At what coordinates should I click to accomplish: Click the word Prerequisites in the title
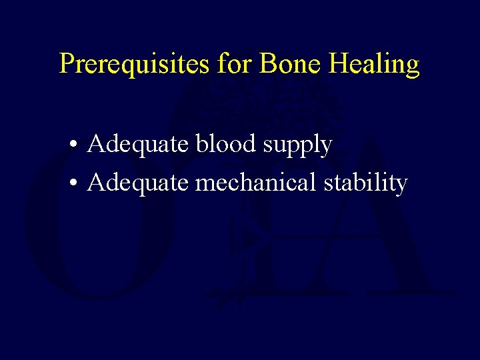[135, 65]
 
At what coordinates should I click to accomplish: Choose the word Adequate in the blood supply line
[138, 145]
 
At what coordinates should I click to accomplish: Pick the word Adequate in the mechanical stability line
[138, 182]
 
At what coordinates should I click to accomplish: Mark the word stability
[365, 182]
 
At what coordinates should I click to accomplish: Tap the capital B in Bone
[267, 64]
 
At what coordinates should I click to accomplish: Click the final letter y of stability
[401, 185]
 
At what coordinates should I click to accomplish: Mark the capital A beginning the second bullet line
[96, 181]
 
